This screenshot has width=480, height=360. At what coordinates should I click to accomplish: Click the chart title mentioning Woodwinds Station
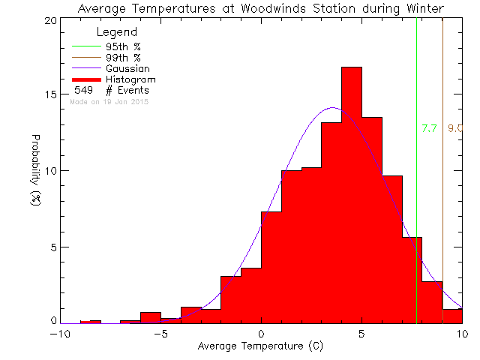click(x=260, y=8)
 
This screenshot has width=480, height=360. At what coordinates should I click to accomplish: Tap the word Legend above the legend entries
click(x=116, y=32)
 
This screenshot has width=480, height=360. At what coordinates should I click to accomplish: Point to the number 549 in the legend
click(x=82, y=90)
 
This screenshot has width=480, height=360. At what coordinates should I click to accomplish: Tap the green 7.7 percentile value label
click(x=429, y=129)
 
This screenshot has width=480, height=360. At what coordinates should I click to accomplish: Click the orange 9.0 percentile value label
click(x=454, y=129)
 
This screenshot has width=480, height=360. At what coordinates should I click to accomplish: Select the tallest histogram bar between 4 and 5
click(x=351, y=195)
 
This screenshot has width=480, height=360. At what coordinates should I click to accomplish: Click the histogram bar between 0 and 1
click(x=271, y=267)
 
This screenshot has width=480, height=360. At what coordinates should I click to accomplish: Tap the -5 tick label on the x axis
click(x=159, y=334)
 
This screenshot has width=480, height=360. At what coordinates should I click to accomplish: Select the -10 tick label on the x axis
click(x=58, y=334)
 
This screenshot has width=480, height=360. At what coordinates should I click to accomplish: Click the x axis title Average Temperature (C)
click(x=260, y=346)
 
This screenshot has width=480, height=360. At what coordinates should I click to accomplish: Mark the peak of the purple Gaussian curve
click(x=331, y=108)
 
